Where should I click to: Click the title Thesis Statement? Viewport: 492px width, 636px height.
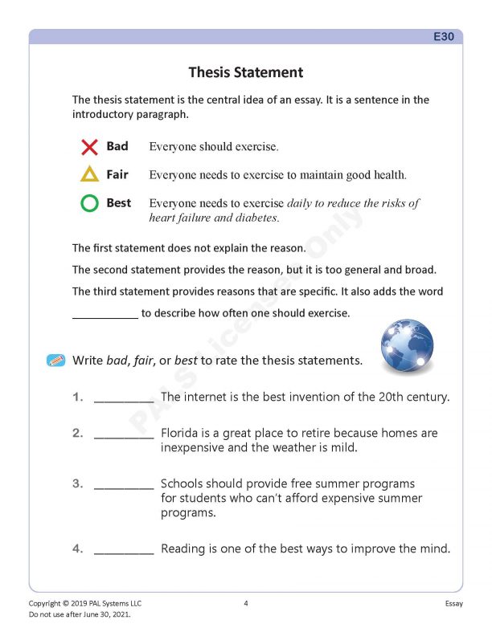click(x=245, y=73)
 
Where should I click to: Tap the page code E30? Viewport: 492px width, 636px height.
click(x=444, y=37)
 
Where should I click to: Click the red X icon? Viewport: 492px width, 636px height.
click(x=89, y=147)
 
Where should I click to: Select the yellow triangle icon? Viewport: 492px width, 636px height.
click(x=89, y=174)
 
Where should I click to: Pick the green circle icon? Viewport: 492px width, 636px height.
click(x=89, y=203)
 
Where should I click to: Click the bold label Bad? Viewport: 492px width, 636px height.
click(x=117, y=147)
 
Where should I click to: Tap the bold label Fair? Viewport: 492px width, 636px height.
click(x=117, y=174)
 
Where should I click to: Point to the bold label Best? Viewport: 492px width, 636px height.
click(x=118, y=203)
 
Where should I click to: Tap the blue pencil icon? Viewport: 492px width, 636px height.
click(x=55, y=361)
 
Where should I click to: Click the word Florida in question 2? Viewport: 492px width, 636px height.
click(x=180, y=433)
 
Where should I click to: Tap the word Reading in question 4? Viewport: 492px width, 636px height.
click(x=184, y=549)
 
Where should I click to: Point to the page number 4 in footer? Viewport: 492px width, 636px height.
click(x=246, y=603)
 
